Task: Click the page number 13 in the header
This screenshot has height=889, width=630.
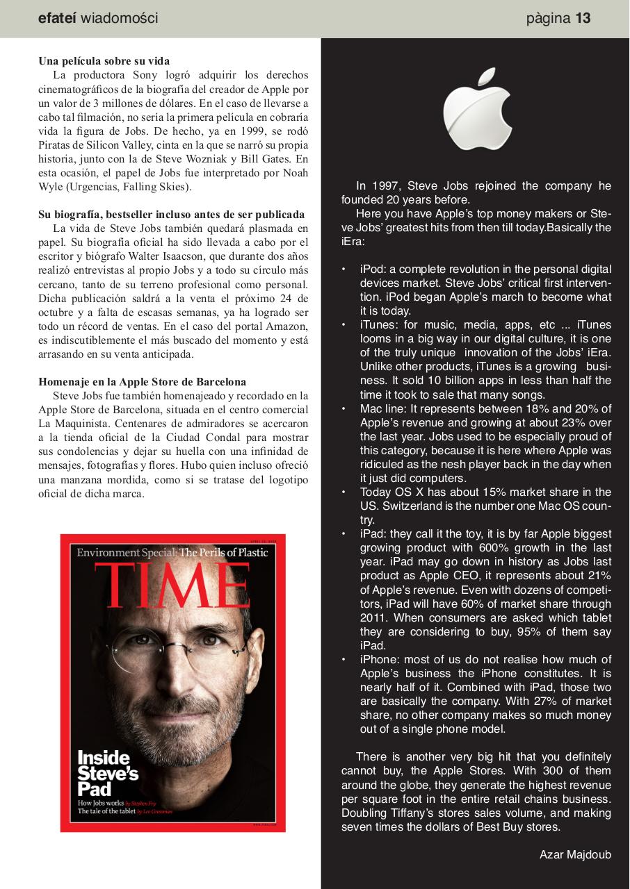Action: tap(583, 19)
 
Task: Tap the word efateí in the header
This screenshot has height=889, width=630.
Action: tap(58, 19)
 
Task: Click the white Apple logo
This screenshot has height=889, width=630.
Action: tap(478, 109)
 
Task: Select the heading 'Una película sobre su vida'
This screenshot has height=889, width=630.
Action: tap(104, 61)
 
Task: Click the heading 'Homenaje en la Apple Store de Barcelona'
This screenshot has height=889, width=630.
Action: tap(142, 382)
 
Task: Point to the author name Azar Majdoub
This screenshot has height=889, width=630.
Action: tap(575, 854)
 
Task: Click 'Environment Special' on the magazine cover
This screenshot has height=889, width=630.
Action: tap(127, 553)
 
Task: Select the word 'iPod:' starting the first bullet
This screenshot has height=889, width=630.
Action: tap(374, 269)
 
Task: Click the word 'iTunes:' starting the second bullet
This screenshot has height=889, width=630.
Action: tap(380, 324)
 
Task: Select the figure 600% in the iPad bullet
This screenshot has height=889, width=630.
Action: tap(460, 548)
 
